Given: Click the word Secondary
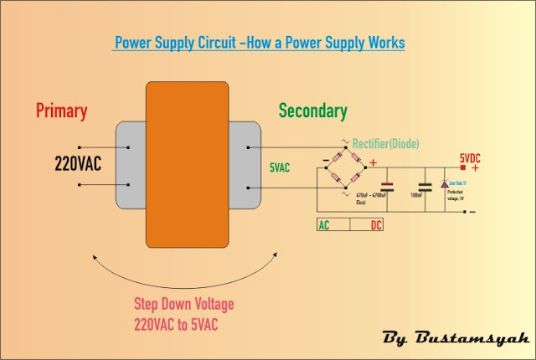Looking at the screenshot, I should pyautogui.click(x=312, y=111).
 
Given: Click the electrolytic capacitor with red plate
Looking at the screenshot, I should pyautogui.click(x=386, y=188).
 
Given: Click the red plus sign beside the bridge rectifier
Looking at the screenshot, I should pyautogui.click(x=374, y=162).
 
